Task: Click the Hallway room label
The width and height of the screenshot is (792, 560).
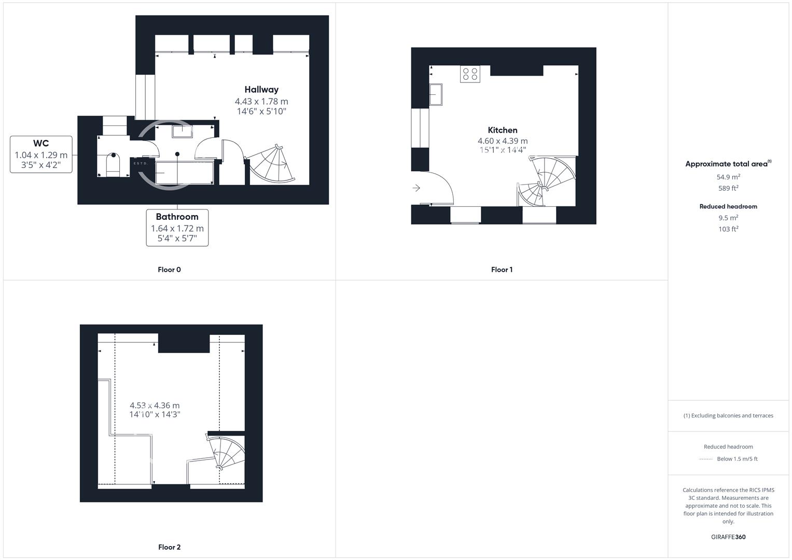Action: [x=261, y=90]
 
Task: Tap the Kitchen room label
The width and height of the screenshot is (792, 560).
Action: [x=502, y=130]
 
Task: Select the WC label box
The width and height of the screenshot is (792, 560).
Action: [x=41, y=154]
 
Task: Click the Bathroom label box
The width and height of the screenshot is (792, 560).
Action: [x=177, y=227]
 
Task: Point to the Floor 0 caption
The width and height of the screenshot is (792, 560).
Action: [x=169, y=270]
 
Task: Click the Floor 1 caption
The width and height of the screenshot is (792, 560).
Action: [x=502, y=270]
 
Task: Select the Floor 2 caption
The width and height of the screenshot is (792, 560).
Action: [x=169, y=547]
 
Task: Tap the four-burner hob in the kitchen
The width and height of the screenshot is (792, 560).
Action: [x=470, y=74]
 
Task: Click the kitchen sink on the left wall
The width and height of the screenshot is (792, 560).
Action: [x=436, y=94]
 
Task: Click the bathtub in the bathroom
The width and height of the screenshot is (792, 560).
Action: [x=185, y=173]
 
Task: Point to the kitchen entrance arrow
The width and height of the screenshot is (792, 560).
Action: [x=416, y=188]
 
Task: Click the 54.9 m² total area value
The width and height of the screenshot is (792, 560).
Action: [x=728, y=177]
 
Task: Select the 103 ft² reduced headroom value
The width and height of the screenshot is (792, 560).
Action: [x=728, y=229]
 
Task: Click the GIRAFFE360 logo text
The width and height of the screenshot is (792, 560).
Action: [x=728, y=537]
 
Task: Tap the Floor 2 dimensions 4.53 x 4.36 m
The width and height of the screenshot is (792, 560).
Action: [x=155, y=405]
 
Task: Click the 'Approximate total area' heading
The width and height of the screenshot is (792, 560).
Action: [x=727, y=164]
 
